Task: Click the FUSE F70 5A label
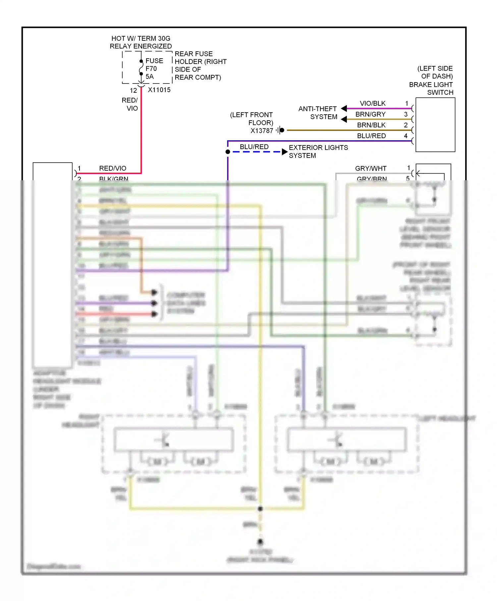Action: tap(154, 69)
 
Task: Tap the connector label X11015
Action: tap(159, 90)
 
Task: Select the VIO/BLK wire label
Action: tap(372, 103)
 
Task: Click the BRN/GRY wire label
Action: tap(370, 114)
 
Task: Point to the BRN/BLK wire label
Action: tap(371, 125)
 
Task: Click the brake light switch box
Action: tap(435, 125)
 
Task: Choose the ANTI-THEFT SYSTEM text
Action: tap(317, 113)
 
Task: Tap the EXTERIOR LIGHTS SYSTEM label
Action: tap(318, 151)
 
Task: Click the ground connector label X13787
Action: tap(262, 131)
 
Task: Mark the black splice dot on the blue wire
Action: tap(228, 152)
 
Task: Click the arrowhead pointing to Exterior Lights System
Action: tap(284, 152)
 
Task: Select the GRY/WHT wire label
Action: tap(370, 168)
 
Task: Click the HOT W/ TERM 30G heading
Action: tap(141, 38)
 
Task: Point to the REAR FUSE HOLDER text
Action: tap(200, 65)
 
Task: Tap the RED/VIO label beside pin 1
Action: tap(113, 168)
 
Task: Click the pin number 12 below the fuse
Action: tap(133, 90)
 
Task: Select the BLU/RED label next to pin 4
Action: tap(371, 136)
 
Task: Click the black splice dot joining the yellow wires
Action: tap(260, 508)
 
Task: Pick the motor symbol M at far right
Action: tap(374, 461)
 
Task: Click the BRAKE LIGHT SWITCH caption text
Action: tap(431, 88)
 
